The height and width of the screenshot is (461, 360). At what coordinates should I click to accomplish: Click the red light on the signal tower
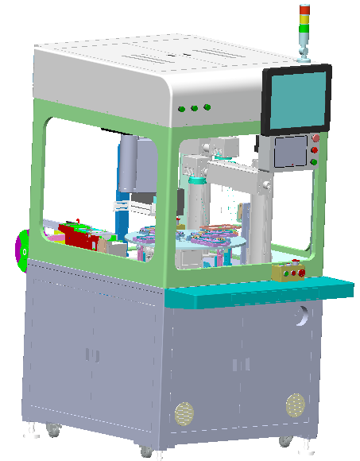pos(304,10)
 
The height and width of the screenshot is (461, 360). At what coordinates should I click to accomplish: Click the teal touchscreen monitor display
pos(296,99)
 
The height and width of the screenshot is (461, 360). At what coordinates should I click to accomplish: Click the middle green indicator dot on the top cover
pos(195,107)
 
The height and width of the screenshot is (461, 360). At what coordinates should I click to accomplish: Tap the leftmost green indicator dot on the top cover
pos(182,109)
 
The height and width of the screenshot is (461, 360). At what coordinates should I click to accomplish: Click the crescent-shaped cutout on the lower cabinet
pos(300,318)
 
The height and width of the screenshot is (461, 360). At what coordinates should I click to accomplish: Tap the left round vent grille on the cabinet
pos(184,413)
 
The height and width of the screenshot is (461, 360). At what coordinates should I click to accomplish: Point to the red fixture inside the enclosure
pos(79,235)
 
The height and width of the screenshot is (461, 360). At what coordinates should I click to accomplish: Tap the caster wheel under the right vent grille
pos(284,440)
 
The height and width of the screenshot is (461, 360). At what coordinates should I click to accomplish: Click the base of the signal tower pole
pos(303,56)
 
